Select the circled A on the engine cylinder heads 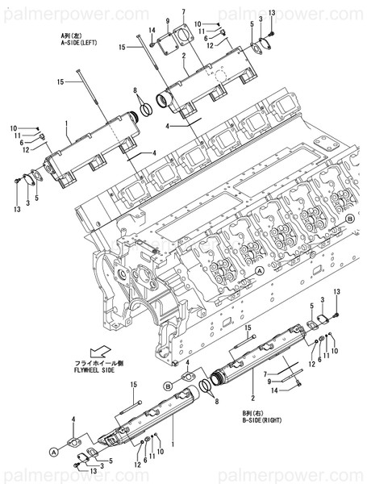coord(260,273)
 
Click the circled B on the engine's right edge coord(349,219)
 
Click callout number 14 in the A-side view coord(151,31)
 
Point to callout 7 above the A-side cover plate coord(184,11)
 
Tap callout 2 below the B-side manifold coord(252,398)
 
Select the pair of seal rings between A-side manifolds coord(146,108)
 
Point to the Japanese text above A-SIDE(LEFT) coord(73,35)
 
